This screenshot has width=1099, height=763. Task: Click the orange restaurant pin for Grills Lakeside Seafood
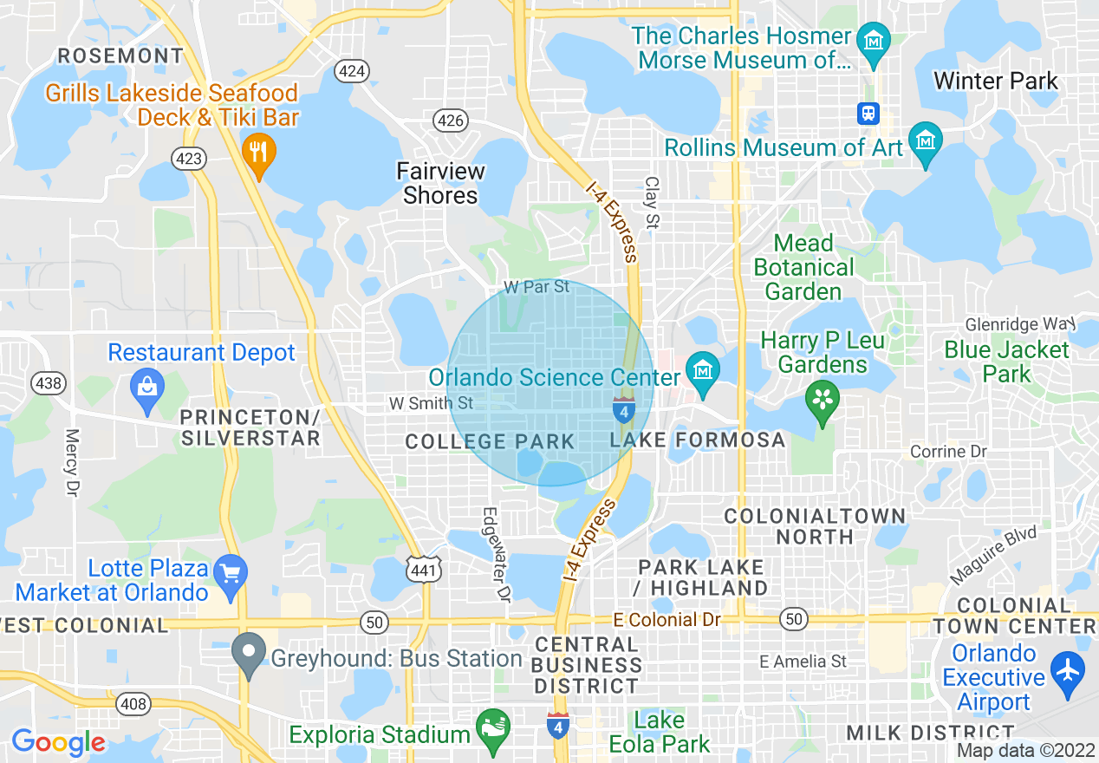point(258,153)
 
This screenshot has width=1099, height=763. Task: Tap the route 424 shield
point(353,71)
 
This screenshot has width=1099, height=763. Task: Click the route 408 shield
point(133,704)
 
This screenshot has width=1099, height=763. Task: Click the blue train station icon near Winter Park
point(868,113)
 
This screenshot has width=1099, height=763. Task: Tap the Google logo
point(58,743)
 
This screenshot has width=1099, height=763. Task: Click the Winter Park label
point(995,82)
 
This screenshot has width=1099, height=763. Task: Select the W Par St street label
point(537,286)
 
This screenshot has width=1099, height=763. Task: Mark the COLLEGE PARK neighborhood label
point(490,441)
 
